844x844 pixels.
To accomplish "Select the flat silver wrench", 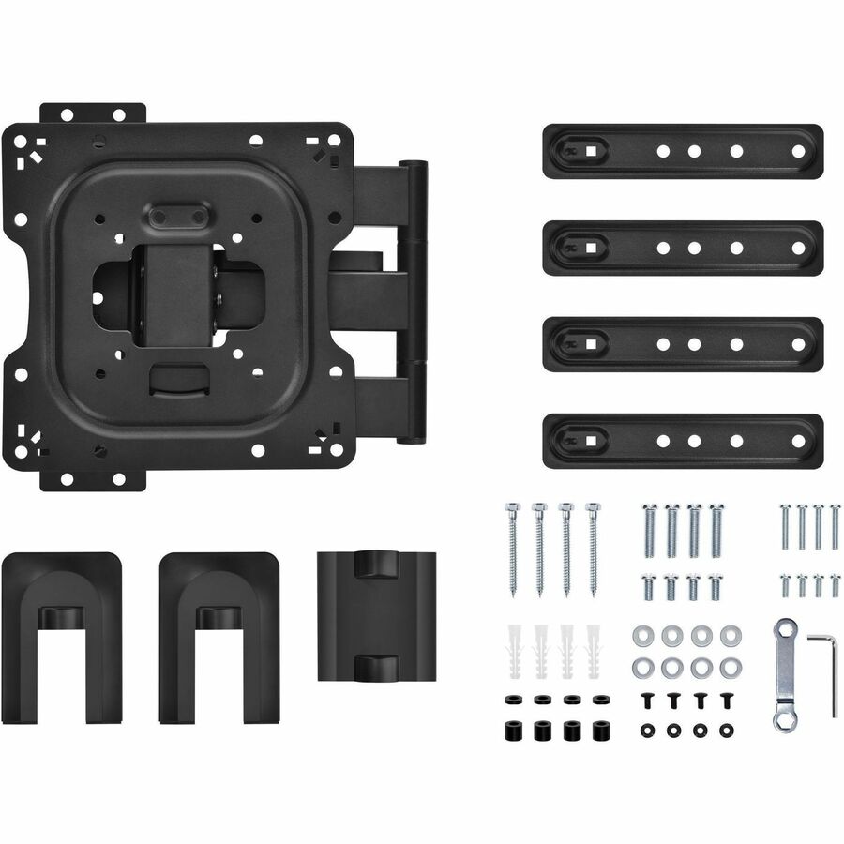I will pos(784,674).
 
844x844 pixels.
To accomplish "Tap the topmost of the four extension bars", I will pos(682,151).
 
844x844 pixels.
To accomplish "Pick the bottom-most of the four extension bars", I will pos(682,440).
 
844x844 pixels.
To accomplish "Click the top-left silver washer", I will pos(644,636).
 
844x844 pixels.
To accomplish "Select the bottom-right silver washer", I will pos(727,669).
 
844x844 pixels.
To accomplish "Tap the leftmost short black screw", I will pos(646,700).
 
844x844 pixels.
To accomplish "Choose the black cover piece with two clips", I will pos(364,614).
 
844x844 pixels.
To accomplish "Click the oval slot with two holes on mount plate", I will pos(178,216).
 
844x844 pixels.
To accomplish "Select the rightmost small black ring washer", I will pos(725,729).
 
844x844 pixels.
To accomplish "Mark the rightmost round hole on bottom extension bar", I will pos(798,440).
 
